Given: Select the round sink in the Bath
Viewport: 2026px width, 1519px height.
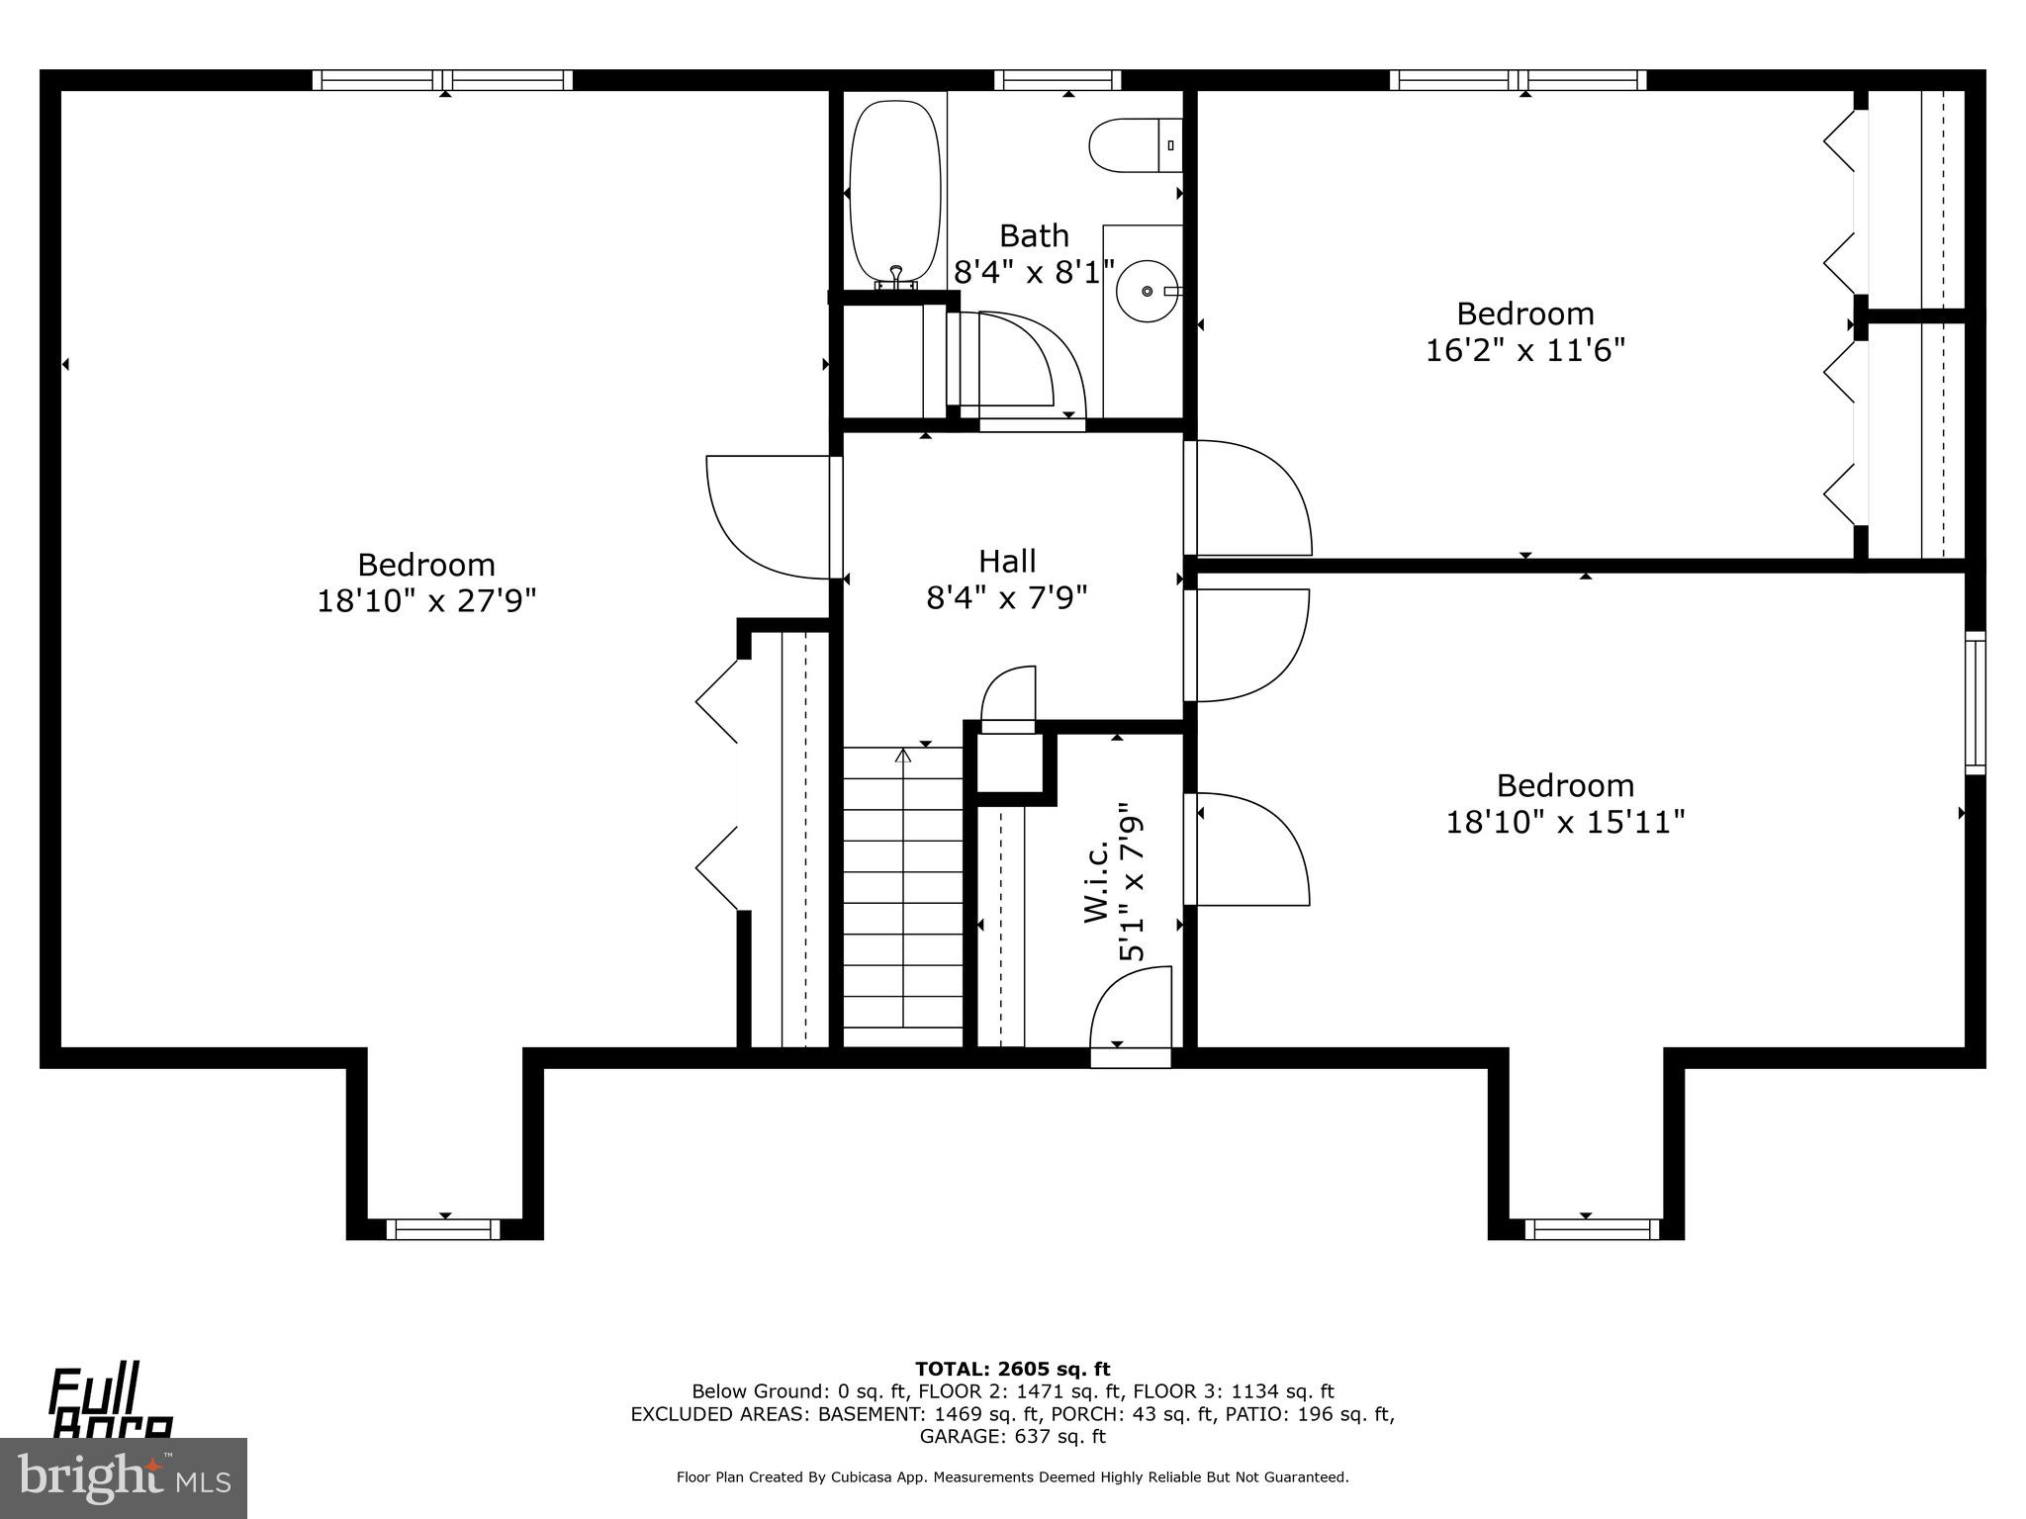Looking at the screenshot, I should point(1147,291).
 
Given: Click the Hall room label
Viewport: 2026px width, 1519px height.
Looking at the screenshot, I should point(1007,562).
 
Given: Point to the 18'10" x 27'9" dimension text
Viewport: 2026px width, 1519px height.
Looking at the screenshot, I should point(426,601).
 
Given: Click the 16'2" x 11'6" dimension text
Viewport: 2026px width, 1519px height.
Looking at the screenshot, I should point(1524,350).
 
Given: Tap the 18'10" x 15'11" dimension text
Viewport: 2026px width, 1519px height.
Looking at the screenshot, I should point(1565,822).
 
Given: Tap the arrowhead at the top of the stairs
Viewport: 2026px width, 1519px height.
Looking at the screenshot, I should point(902,757).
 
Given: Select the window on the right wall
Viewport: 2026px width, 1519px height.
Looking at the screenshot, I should point(1975,703).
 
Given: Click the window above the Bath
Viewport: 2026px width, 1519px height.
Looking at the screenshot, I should point(1057,80).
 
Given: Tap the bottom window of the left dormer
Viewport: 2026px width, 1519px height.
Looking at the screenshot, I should point(443,1229).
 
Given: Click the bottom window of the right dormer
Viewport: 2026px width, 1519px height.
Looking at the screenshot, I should point(1591,1229).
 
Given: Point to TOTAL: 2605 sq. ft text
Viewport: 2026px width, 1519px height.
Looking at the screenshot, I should point(1012,1369).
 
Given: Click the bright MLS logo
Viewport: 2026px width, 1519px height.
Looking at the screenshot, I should point(124,1477).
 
